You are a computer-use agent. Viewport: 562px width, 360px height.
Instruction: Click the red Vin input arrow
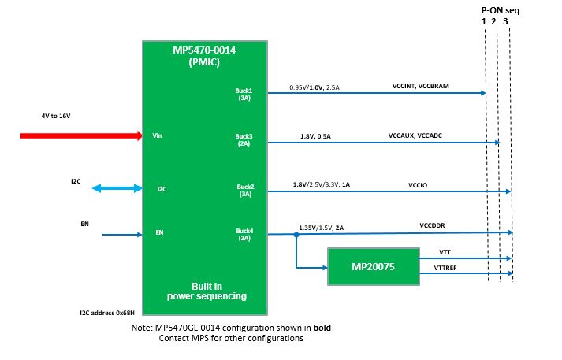pyautogui.click(x=81, y=135)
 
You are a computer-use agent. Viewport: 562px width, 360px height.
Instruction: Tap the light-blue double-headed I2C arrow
pyautogui.click(x=117, y=188)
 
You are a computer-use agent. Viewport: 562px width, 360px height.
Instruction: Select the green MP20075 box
pyautogui.click(x=374, y=266)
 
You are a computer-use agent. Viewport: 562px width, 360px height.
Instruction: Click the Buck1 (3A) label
pyautogui.click(x=244, y=95)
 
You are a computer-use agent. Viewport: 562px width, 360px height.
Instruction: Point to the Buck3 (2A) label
pyautogui.click(x=244, y=140)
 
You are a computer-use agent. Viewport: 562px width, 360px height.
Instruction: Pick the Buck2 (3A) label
pyautogui.click(x=245, y=191)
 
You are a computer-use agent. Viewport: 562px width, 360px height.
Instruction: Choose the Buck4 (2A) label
pyautogui.click(x=244, y=235)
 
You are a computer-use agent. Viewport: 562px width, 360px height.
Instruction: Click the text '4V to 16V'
pyautogui.click(x=56, y=116)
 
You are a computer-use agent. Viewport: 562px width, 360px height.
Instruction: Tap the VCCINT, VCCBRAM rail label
pyautogui.click(x=421, y=86)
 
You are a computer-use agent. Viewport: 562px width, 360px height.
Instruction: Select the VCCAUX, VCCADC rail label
pyautogui.click(x=415, y=135)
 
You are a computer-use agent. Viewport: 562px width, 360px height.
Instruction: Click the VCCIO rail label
pyautogui.click(x=418, y=185)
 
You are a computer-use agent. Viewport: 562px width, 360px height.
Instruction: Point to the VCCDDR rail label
pyautogui.click(x=432, y=225)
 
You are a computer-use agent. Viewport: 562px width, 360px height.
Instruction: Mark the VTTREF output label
pyautogui.click(x=445, y=268)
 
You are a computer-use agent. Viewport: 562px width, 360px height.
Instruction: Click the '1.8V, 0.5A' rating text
pyautogui.click(x=315, y=136)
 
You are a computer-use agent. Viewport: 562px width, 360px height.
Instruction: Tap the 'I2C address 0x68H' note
pyautogui.click(x=107, y=313)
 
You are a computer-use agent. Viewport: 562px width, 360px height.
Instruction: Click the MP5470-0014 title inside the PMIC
pyautogui.click(x=204, y=50)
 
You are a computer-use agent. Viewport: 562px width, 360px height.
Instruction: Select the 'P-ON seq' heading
pyautogui.click(x=501, y=11)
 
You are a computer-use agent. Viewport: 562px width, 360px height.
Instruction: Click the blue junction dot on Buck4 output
pyautogui.click(x=296, y=235)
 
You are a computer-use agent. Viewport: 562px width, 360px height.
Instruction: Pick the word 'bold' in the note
pyautogui.click(x=322, y=328)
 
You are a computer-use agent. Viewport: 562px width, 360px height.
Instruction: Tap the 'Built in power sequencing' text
pyautogui.click(x=207, y=291)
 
